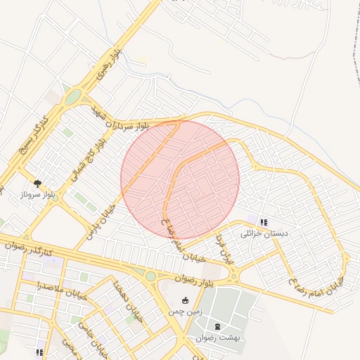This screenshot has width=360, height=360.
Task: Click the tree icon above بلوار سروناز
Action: pyautogui.click(x=38, y=183)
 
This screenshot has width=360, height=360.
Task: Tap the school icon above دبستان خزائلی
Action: pyautogui.click(x=263, y=222)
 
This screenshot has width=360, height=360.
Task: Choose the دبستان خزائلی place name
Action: pyautogui.click(x=260, y=233)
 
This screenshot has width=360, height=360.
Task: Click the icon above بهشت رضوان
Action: pyautogui.click(x=217, y=326)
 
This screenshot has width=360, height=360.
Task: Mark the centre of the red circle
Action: pyautogui.click(x=180, y=179)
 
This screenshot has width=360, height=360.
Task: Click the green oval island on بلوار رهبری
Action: pyautogui.click(x=74, y=96)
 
